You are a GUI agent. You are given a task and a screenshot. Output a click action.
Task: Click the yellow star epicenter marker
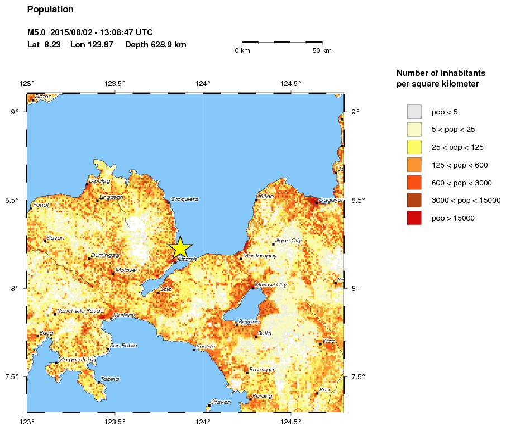coord(180,247)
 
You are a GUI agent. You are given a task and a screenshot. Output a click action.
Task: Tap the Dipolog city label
coord(99,181)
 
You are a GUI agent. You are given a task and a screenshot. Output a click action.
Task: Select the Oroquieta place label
coord(184,199)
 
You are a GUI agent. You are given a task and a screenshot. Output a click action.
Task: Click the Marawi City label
coord(271,285)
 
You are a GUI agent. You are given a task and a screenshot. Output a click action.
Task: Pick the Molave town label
coord(126,270)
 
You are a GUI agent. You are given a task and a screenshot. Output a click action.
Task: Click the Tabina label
coord(111,379)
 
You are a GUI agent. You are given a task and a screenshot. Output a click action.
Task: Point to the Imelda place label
coord(206,347)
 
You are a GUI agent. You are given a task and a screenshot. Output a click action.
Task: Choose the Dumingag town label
coord(105,255)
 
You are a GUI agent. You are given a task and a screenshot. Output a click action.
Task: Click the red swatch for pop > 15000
coord(414,218)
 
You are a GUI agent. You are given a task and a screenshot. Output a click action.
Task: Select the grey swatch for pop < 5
coord(414,112)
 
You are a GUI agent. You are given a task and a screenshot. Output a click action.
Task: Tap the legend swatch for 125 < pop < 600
coord(414,165)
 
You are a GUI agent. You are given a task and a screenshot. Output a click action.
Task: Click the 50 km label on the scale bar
coord(322,51)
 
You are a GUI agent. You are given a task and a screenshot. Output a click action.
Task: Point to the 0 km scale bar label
coord(242,51)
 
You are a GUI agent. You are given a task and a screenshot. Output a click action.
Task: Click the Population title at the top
coord(50,9)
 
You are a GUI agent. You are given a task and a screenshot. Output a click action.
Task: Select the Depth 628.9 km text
coord(156,45)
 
